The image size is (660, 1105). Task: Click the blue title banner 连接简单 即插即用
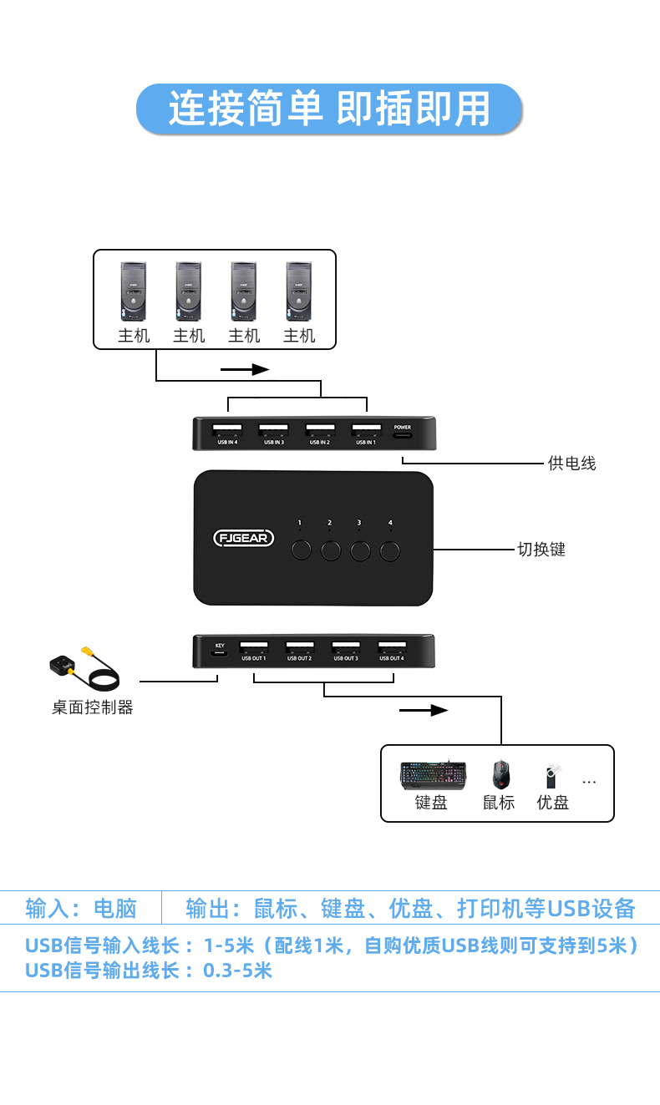click(329, 109)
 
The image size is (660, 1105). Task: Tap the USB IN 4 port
click(227, 428)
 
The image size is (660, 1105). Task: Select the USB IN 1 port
click(365, 428)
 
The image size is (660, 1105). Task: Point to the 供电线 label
click(571, 463)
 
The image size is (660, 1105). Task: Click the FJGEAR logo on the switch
click(244, 538)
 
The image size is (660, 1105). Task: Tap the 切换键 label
click(541, 550)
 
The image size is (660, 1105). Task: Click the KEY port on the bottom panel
click(220, 652)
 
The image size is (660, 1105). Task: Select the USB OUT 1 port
click(253, 646)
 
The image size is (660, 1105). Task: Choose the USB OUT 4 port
click(391, 646)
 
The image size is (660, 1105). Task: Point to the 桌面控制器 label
click(92, 707)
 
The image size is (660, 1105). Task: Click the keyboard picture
click(432, 775)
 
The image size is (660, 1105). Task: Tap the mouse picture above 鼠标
click(500, 774)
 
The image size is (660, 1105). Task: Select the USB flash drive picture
click(552, 775)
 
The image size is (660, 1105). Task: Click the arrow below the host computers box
click(245, 369)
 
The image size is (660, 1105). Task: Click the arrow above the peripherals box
click(424, 711)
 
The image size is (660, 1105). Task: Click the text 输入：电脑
click(80, 908)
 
